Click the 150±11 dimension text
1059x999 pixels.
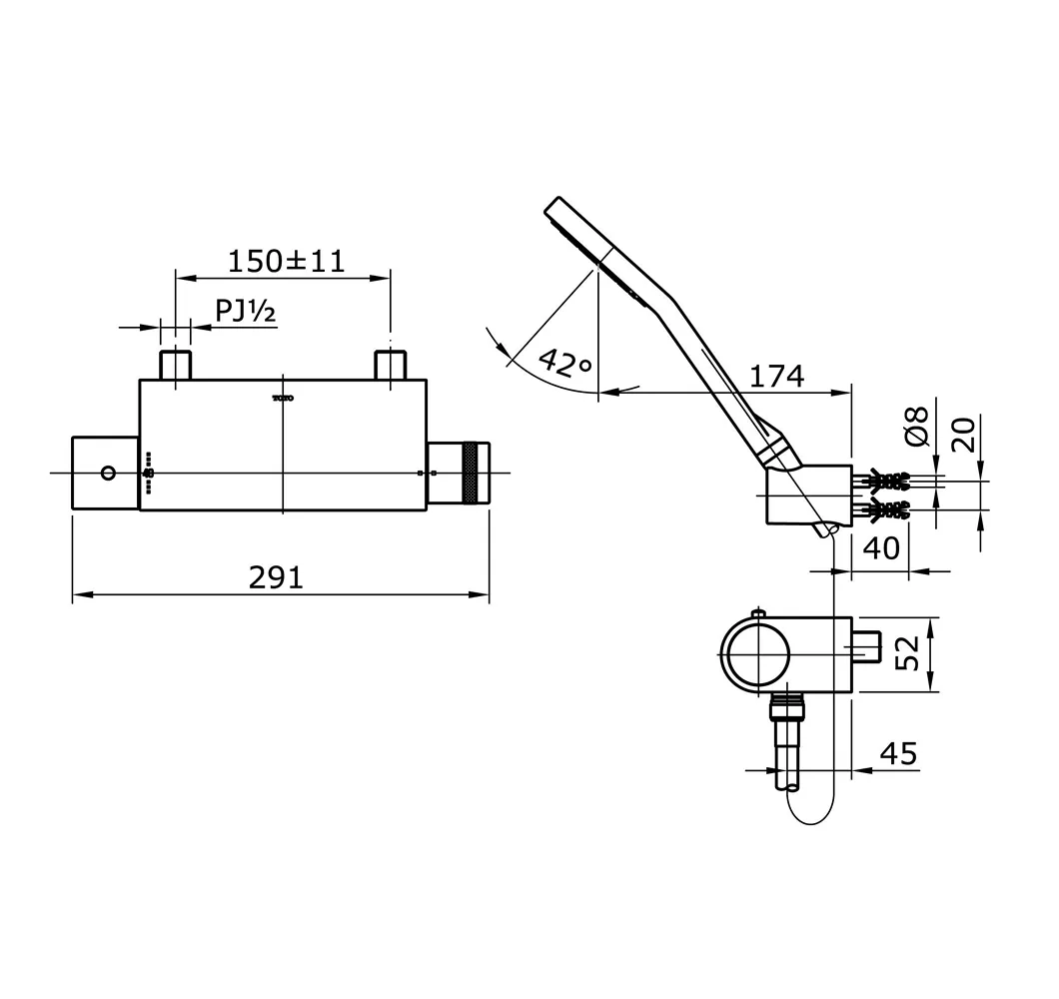(x=286, y=262)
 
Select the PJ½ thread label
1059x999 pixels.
(x=246, y=312)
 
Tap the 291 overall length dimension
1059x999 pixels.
(x=277, y=577)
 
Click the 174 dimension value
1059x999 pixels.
(x=776, y=376)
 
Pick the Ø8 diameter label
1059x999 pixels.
(x=917, y=427)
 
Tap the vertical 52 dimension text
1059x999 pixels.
(x=908, y=654)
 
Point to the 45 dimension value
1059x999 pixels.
(x=898, y=753)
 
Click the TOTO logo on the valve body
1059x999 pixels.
(x=284, y=399)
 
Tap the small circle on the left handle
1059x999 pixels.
(x=108, y=473)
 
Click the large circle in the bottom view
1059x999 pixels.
(x=756, y=654)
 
